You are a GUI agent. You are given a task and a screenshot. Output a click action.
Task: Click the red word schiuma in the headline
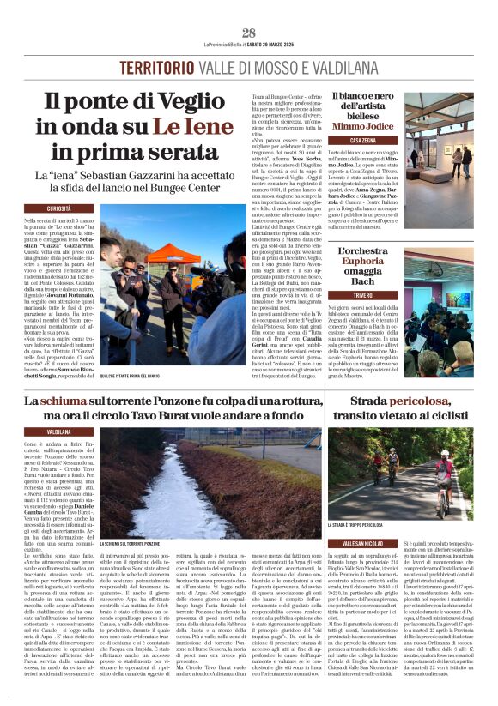64,401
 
